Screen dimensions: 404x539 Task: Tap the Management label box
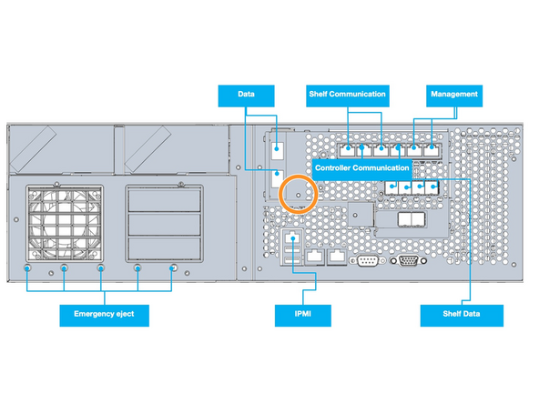click(x=453, y=93)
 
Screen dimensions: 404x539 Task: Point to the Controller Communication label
click(x=361, y=167)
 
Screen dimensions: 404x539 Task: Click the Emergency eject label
click(x=103, y=316)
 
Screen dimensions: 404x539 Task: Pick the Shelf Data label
click(x=461, y=316)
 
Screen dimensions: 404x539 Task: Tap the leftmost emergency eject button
click(x=29, y=269)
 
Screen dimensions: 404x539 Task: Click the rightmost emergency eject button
click(x=174, y=269)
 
